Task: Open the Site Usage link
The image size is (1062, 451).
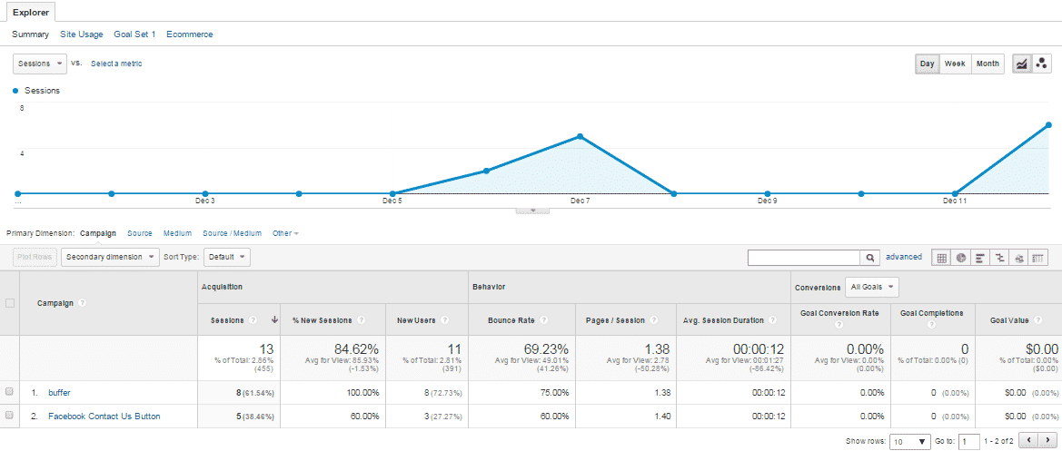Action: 81,34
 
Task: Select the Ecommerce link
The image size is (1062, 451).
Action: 190,34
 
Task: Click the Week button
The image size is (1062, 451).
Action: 954,64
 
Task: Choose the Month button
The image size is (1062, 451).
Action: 988,64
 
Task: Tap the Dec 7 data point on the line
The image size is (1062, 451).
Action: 581,137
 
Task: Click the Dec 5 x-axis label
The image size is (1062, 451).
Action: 392,201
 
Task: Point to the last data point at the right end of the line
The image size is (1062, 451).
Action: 1048,125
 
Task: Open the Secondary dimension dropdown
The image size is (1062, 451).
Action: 111,257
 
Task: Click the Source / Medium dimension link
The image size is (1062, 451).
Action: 232,233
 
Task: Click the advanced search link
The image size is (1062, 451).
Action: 904,257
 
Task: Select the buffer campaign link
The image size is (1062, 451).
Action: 59,393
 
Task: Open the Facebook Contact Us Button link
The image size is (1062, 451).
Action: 104,417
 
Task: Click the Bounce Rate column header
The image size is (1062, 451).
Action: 511,319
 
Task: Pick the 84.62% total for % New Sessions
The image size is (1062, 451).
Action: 352,348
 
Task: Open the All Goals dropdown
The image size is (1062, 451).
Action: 872,288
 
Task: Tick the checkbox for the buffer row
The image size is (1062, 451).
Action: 9,392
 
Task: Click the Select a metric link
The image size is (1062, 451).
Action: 116,64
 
